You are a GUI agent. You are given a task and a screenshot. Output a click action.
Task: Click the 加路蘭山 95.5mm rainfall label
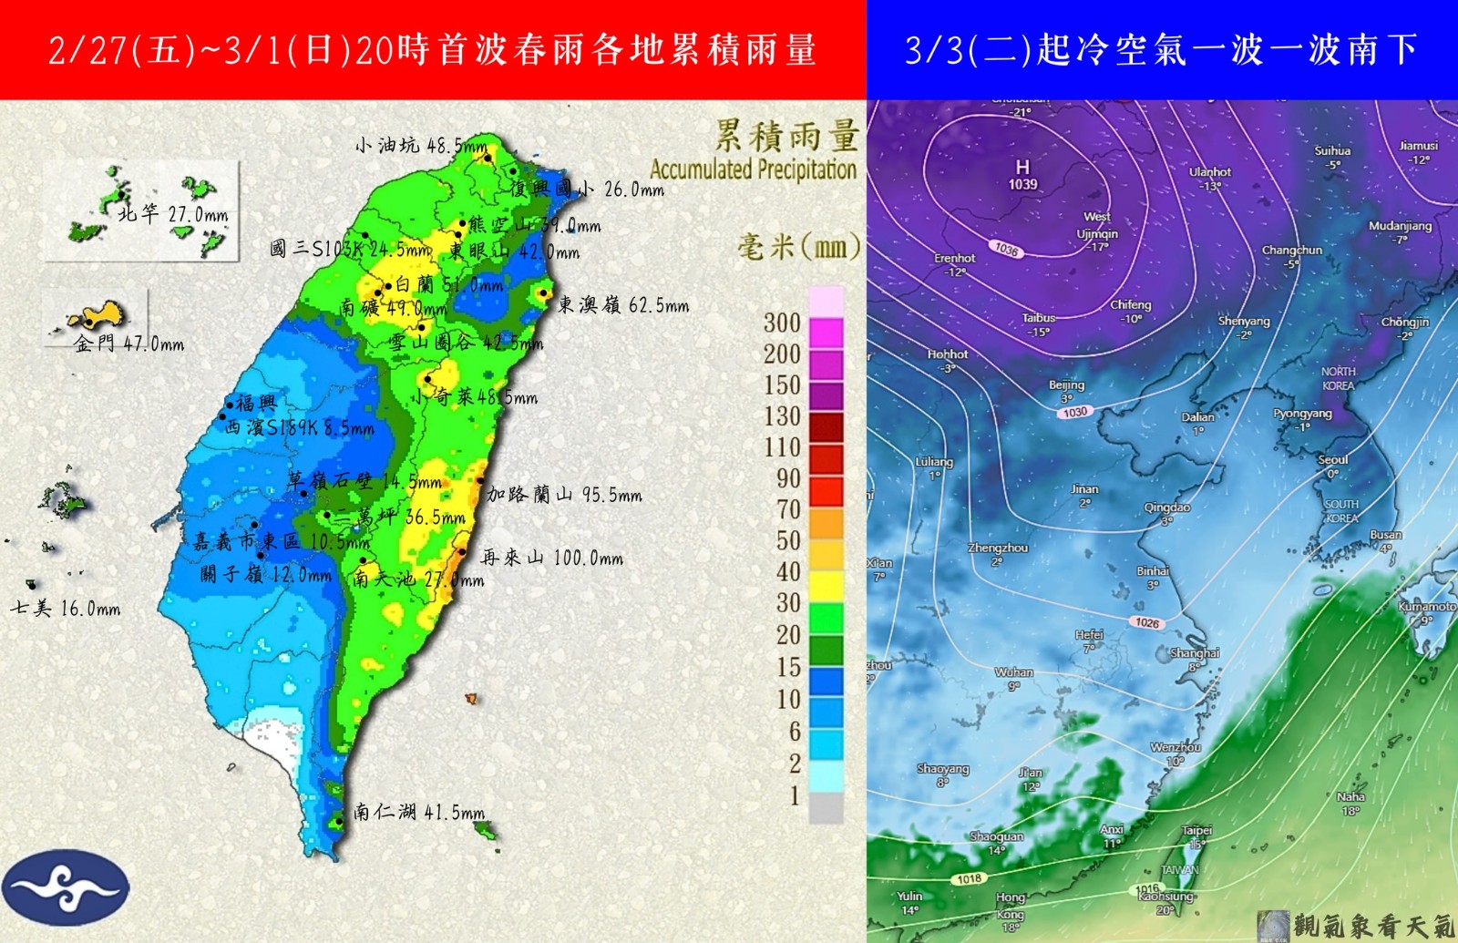(x=564, y=495)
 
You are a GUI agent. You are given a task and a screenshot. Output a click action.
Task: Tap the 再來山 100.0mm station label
(x=551, y=558)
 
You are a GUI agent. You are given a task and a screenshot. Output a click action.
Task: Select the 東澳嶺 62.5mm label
(x=622, y=305)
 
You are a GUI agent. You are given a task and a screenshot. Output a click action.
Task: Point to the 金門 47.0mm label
(x=128, y=344)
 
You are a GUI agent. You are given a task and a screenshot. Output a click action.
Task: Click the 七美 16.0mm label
(x=65, y=608)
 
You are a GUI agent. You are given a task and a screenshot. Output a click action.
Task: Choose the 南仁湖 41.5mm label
(x=418, y=812)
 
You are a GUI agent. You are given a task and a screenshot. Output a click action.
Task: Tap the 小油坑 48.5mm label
(x=421, y=146)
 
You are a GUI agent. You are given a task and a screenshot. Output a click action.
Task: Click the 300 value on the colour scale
(x=782, y=323)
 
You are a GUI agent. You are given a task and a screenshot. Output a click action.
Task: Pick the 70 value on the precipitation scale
(x=788, y=508)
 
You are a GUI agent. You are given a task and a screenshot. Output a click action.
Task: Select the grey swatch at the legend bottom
(x=826, y=807)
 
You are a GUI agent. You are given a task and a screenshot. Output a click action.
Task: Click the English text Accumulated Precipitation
(x=753, y=169)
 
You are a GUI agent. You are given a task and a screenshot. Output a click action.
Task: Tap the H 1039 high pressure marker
(x=1022, y=174)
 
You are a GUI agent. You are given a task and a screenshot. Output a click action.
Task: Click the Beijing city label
(x=1066, y=385)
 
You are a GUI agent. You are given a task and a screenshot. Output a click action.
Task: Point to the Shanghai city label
(x=1194, y=654)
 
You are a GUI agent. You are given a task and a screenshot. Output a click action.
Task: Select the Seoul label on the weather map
(x=1332, y=460)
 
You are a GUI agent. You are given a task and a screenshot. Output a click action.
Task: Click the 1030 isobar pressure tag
(x=1075, y=413)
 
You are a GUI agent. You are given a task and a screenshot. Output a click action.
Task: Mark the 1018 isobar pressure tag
(x=969, y=879)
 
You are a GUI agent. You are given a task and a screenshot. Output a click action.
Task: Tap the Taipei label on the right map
(x=1196, y=831)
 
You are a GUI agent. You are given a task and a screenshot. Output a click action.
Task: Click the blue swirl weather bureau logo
(x=66, y=887)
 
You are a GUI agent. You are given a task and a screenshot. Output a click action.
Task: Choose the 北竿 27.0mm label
(x=172, y=214)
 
